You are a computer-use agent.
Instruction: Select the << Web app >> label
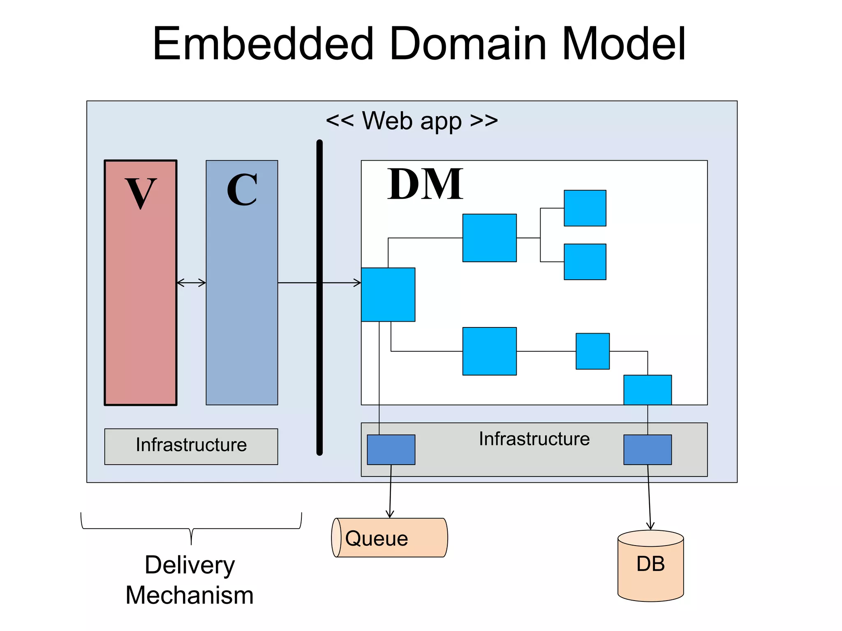click(412, 121)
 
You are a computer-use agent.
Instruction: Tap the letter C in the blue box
click(242, 190)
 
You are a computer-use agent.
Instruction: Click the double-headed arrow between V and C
click(191, 283)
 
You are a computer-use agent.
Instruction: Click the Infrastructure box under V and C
click(191, 446)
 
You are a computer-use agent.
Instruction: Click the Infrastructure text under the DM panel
click(534, 439)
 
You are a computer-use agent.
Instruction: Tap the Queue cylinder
click(389, 538)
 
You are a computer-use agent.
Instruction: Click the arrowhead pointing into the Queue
click(390, 515)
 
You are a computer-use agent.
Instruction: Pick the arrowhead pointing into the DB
click(650, 526)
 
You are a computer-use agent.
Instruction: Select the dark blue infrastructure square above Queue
click(391, 449)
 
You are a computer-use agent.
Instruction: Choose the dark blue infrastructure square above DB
click(648, 449)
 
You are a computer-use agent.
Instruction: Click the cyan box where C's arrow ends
click(388, 295)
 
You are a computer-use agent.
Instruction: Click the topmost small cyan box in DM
click(585, 208)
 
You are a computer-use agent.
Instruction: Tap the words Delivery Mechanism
click(190, 580)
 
